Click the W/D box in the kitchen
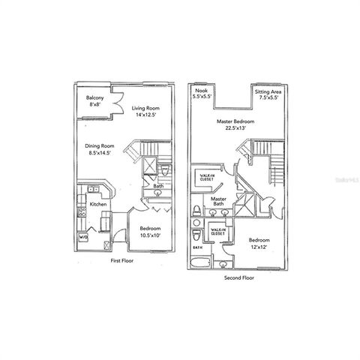[x=83, y=238]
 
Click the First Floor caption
[x=125, y=261]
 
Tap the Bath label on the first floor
[x=158, y=186]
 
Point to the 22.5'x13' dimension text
[x=235, y=128]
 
